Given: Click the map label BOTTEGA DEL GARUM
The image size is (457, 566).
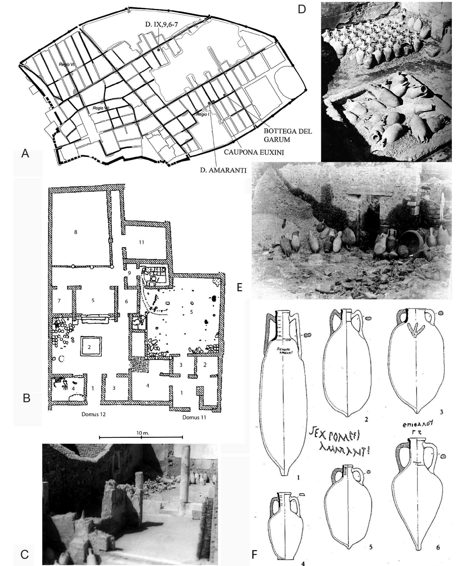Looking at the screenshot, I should click(288, 135).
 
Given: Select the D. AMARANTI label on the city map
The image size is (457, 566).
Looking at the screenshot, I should click(223, 170).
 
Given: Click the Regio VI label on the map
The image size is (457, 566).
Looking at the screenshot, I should click(66, 64).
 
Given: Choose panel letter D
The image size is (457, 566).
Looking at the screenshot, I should click(302, 10).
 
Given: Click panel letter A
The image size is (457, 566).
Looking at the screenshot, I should click(25, 153).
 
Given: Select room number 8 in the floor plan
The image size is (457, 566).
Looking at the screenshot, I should click(76, 232).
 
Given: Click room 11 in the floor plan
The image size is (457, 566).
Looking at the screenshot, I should click(142, 242).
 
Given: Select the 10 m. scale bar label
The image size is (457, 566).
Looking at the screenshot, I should click(143, 433).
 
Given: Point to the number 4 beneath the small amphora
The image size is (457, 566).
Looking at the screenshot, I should click(303, 563).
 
